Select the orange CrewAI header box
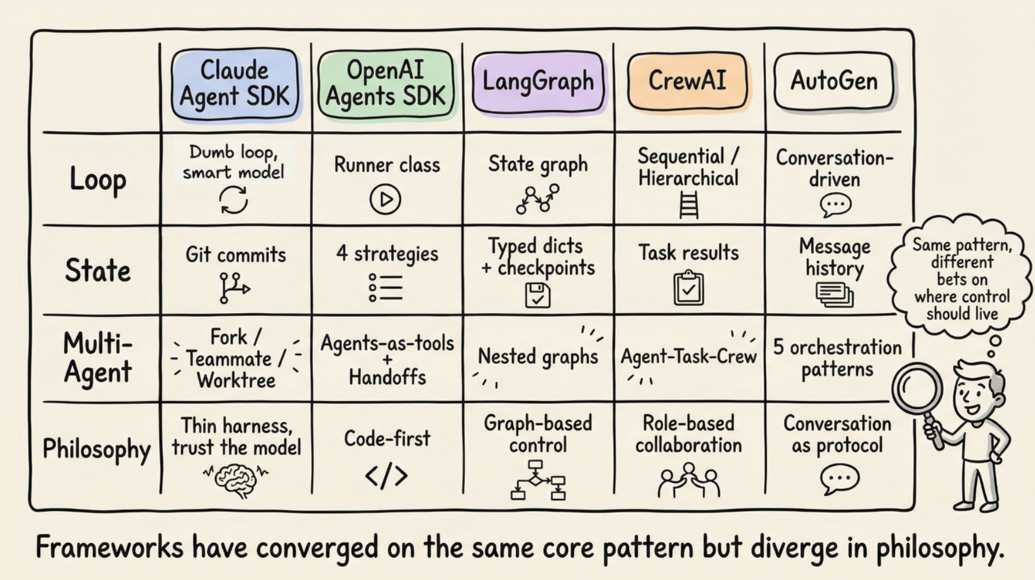pyautogui.click(x=687, y=81)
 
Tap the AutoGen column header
pyautogui.click(x=833, y=81)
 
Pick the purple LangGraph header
pyautogui.click(x=538, y=81)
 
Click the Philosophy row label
pyautogui.click(x=97, y=449)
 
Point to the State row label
pyautogui.click(x=98, y=270)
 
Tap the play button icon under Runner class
pyautogui.click(x=385, y=199)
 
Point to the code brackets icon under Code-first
pyautogui.click(x=386, y=476)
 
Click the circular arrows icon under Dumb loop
pyautogui.click(x=234, y=199)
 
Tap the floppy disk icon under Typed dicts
pyautogui.click(x=538, y=295)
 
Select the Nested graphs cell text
pyautogui.click(x=538, y=357)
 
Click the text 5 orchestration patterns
pyautogui.click(x=837, y=358)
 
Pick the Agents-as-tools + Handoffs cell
pyautogui.click(x=388, y=359)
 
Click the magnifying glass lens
pyautogui.click(x=918, y=391)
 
